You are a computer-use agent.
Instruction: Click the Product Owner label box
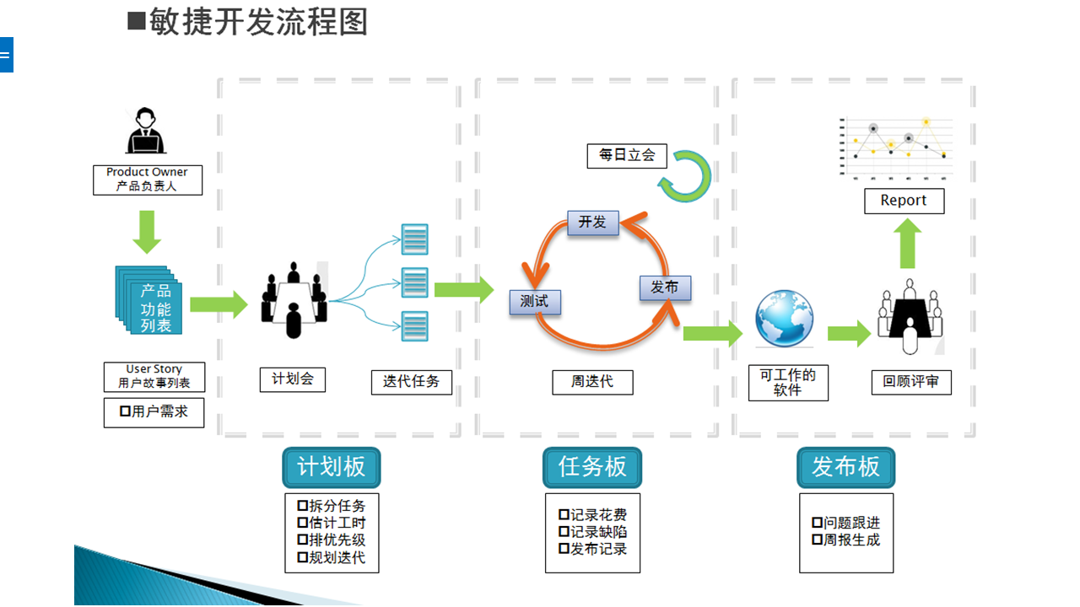[x=148, y=180]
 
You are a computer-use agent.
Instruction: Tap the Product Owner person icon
[x=146, y=131]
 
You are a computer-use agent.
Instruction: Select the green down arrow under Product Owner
[x=147, y=232]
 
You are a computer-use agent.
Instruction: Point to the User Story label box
[x=154, y=377]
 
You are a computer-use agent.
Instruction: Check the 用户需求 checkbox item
[x=154, y=412]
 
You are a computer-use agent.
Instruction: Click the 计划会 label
[x=293, y=379]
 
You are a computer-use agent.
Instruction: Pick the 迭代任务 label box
[x=412, y=382]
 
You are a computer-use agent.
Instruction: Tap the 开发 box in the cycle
[x=593, y=223]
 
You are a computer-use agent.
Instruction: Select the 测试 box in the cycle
[x=535, y=302]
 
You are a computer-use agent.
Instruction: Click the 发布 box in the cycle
[x=666, y=287]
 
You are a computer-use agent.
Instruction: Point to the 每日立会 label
[x=627, y=156]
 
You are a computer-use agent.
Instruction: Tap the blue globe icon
[x=785, y=318]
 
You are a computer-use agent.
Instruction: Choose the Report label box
[x=904, y=201]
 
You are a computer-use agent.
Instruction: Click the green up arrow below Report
[x=907, y=244]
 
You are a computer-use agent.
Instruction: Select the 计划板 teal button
[x=332, y=467]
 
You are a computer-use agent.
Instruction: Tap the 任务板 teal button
[x=592, y=467]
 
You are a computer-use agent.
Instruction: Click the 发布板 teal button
[x=846, y=467]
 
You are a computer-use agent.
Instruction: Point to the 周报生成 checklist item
[x=846, y=540]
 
